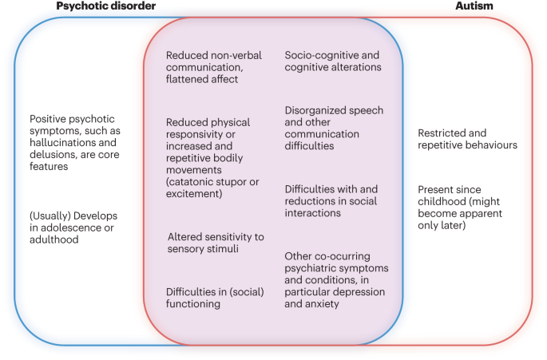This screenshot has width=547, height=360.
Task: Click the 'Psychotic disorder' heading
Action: click(x=105, y=6)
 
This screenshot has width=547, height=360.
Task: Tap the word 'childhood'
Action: click(x=444, y=202)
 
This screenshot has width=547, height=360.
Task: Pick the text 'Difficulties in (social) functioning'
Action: click(x=211, y=298)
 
